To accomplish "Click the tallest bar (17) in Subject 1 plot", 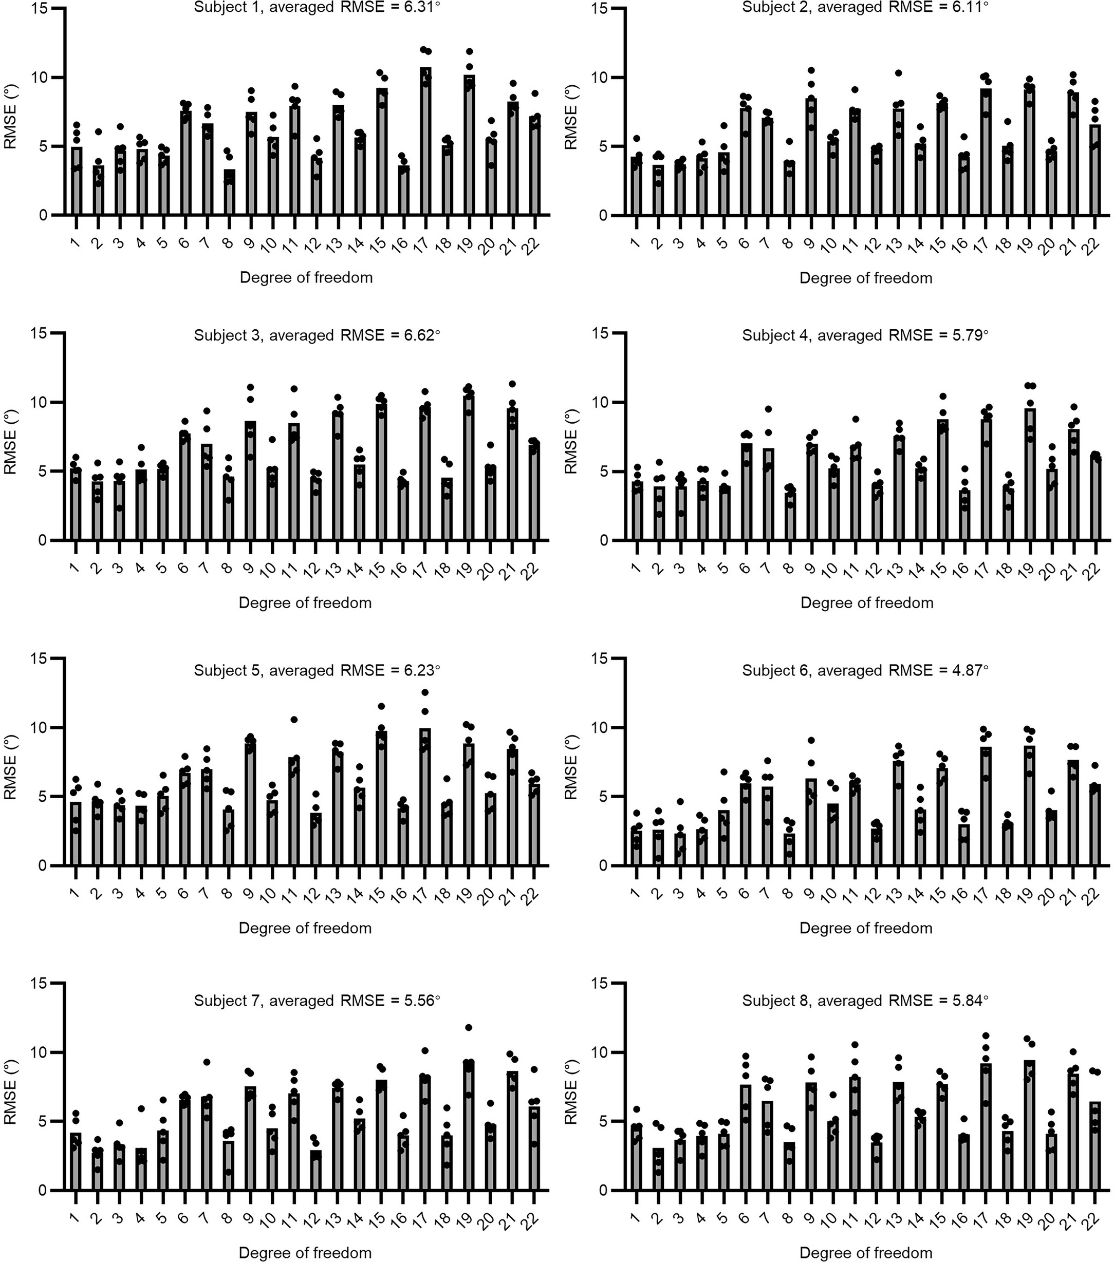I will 425,142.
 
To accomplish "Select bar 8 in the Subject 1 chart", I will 229,193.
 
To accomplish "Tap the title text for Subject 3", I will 317,335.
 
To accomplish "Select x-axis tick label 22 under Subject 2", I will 1093,244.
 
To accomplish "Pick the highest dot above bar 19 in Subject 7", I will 469,1027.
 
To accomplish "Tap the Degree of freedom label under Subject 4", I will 866,602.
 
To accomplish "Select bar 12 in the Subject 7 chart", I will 316,1169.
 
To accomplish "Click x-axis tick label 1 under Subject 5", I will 75,894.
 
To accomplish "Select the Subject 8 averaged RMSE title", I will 865,1000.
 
